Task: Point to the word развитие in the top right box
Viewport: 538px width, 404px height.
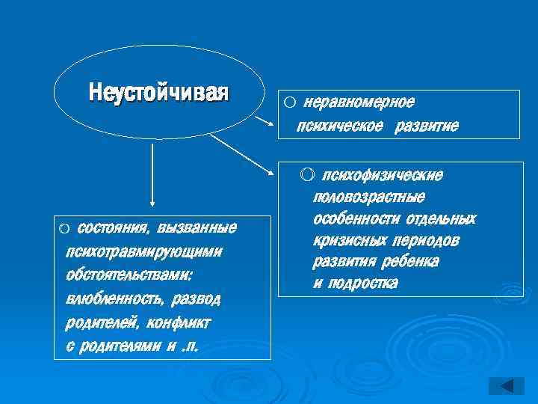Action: [427, 126]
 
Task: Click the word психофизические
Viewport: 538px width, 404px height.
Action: [381, 175]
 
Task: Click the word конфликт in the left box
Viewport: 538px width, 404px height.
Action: [180, 323]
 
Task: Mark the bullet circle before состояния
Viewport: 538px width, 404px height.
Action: [64, 227]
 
